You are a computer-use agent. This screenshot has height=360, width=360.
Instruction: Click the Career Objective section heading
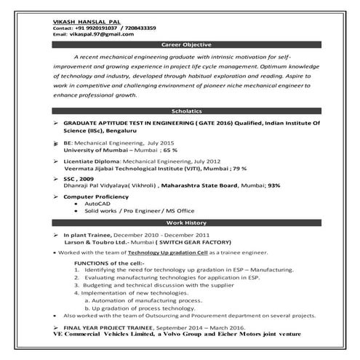188,44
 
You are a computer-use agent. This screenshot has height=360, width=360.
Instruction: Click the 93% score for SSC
274,185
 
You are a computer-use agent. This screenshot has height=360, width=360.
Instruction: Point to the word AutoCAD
97,204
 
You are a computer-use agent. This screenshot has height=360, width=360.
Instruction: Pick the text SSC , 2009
81,179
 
